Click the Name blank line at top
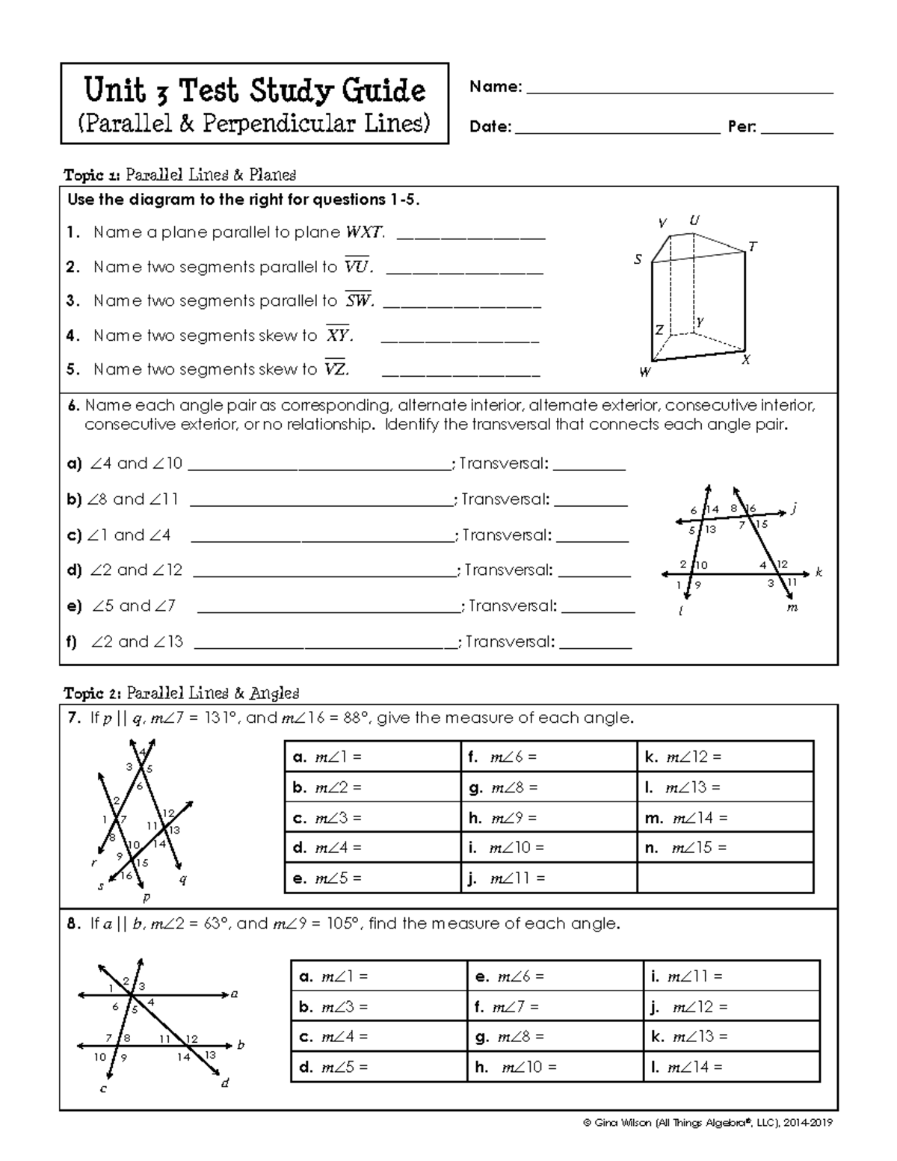(x=679, y=93)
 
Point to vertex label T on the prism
(x=753, y=246)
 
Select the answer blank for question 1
(x=471, y=238)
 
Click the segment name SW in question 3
(x=358, y=301)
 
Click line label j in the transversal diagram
(x=794, y=509)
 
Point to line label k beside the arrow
(x=819, y=573)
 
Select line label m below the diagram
(x=792, y=608)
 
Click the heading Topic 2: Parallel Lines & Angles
(x=182, y=693)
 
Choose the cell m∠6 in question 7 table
(x=549, y=757)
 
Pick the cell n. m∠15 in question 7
(x=725, y=848)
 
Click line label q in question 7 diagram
(x=183, y=880)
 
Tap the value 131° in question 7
(x=221, y=718)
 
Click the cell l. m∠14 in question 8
(x=731, y=1067)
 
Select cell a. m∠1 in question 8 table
(x=378, y=976)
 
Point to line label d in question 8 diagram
(x=224, y=1083)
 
